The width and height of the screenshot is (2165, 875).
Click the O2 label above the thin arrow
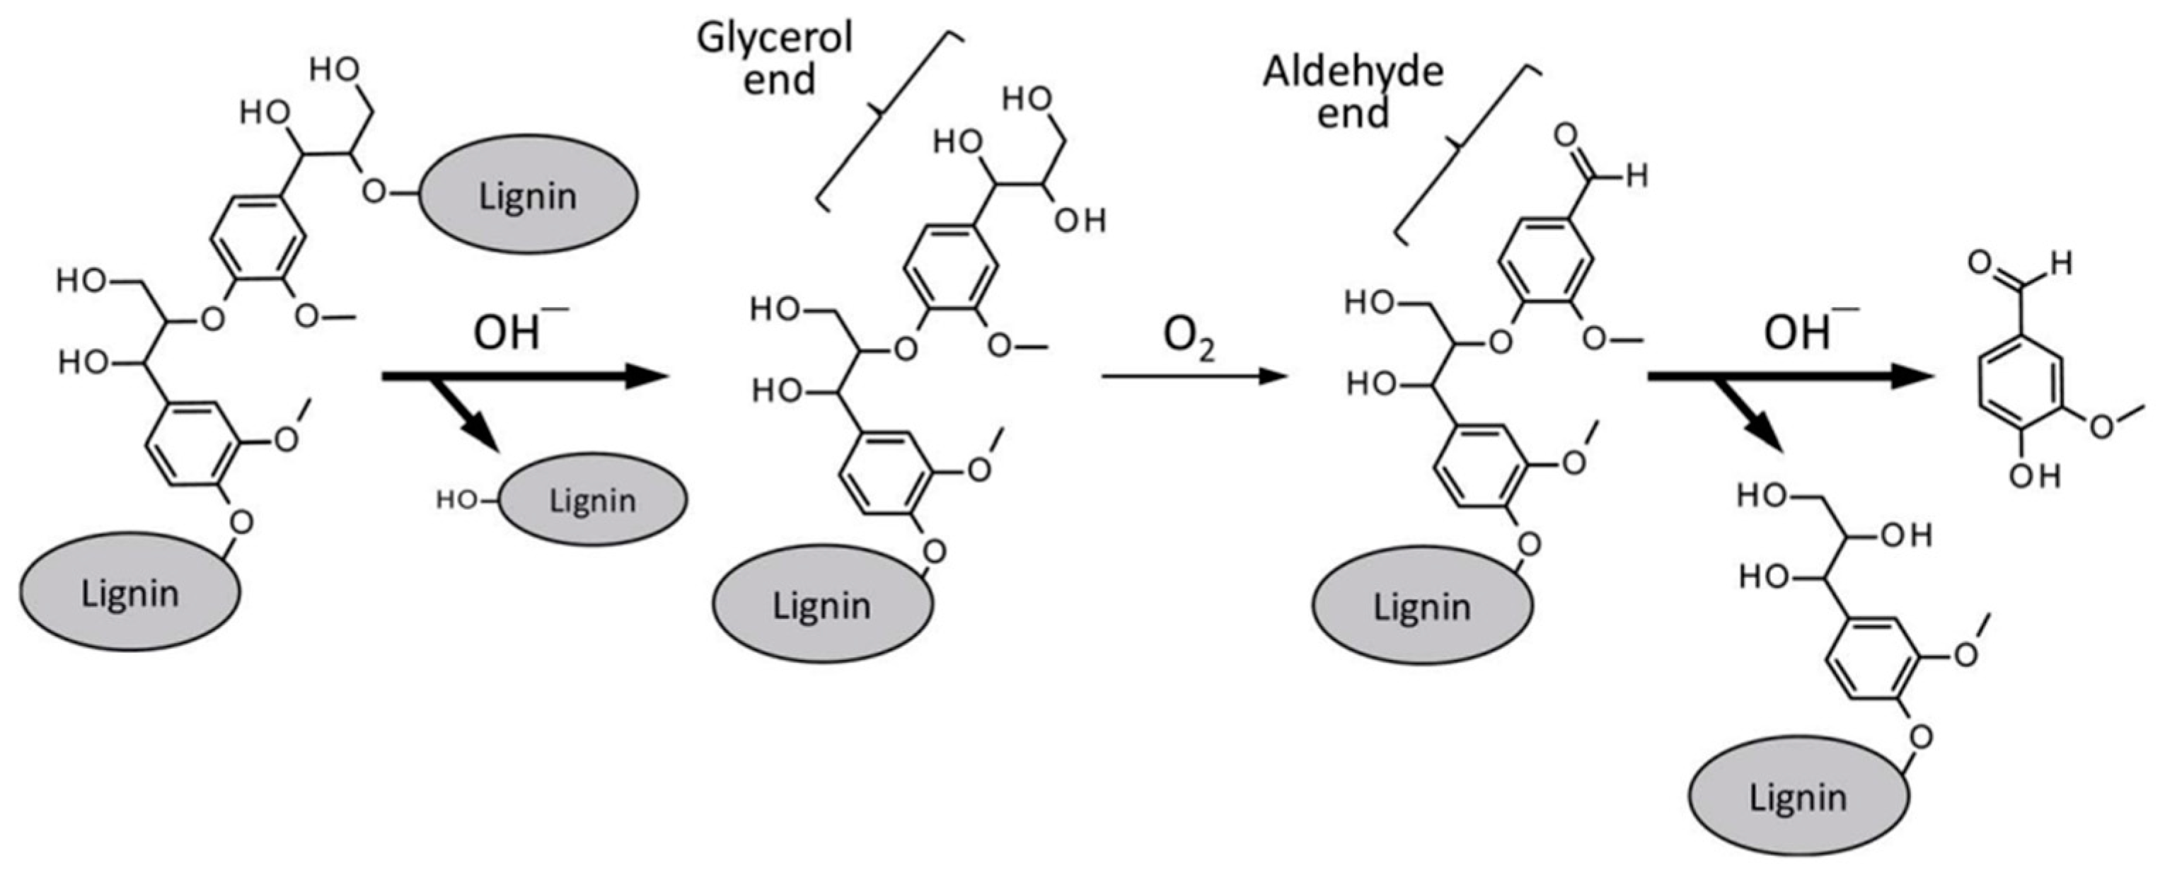1187,338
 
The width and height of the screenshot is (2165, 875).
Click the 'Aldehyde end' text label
1352,93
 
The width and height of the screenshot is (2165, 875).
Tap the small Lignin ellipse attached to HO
592,499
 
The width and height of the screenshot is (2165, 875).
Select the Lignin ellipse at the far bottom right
1799,796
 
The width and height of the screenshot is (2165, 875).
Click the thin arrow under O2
1194,376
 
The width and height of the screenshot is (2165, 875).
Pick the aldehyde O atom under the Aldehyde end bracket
1566,135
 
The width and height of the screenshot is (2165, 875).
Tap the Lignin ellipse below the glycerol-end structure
822,604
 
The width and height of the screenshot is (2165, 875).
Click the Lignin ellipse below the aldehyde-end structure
1422,605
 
